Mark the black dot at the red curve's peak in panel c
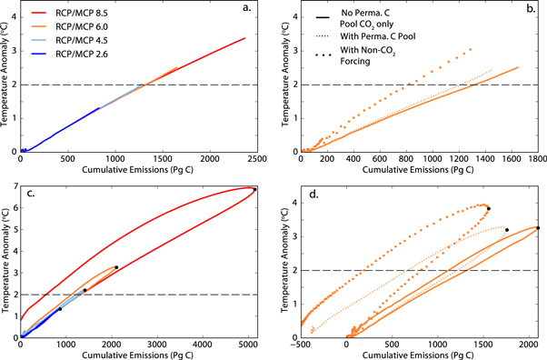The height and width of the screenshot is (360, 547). pos(254,189)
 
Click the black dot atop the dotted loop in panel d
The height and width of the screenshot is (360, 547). pos(488,209)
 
